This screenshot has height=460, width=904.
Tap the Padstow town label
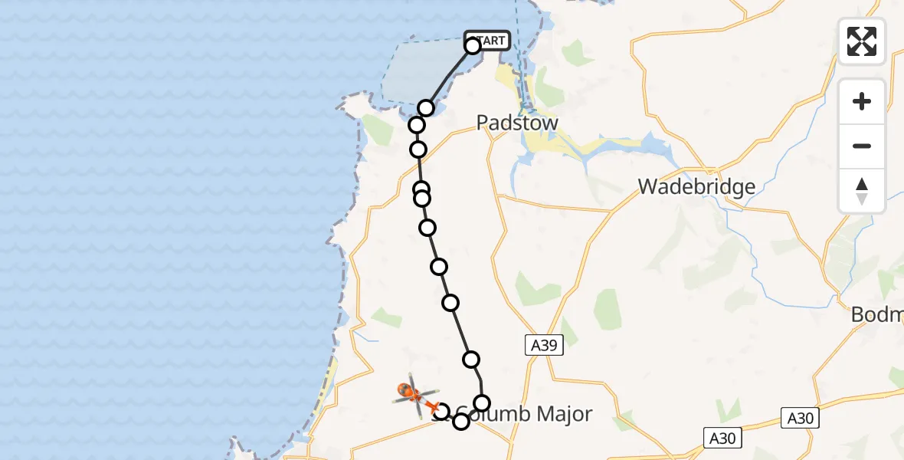pos(517,123)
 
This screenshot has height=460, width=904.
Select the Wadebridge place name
pos(696,186)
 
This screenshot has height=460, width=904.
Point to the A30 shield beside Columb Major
pos(722,438)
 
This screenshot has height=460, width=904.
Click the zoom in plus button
pos(862,101)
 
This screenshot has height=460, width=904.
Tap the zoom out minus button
pos(862,146)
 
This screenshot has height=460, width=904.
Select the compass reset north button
pos(862,190)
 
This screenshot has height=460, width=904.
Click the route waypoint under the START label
pos(473,46)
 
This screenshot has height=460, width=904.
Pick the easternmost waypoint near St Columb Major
pos(482,403)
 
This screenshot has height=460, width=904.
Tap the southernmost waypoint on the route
pos(460,422)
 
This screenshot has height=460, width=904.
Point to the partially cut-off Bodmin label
pos(878,314)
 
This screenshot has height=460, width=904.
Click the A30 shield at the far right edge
pos(800,418)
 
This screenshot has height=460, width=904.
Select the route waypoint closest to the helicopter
pos(441,412)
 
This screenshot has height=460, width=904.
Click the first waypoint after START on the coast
pos(426,108)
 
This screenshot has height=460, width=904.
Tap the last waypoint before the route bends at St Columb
pos(471,359)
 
